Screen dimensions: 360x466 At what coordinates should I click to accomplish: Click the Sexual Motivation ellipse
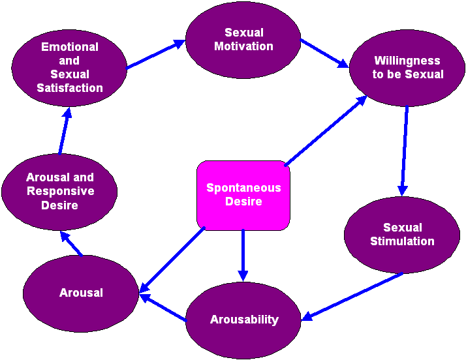pyautogui.click(x=243, y=39)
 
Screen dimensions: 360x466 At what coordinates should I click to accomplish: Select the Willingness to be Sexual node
pyautogui.click(x=407, y=68)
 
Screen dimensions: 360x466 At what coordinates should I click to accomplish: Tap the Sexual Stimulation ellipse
pyautogui.click(x=401, y=234)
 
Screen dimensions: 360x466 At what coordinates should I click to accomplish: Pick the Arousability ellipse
pyautogui.click(x=243, y=320)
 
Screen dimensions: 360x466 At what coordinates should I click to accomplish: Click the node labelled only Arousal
pyautogui.click(x=81, y=293)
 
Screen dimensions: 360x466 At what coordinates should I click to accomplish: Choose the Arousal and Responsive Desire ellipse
pyautogui.click(x=59, y=191)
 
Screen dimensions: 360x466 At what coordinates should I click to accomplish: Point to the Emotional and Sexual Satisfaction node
pyautogui.click(x=69, y=67)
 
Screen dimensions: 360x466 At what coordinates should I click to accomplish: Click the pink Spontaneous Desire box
pyautogui.click(x=243, y=195)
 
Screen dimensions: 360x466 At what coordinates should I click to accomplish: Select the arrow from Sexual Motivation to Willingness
pyautogui.click(x=324, y=53)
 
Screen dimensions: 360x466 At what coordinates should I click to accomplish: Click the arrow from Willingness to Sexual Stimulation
pyautogui.click(x=405, y=151)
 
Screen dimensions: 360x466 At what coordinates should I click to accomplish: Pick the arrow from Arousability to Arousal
pyautogui.click(x=163, y=308)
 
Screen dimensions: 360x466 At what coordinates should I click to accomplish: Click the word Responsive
pyautogui.click(x=60, y=191)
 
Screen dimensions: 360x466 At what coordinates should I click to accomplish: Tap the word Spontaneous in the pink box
pyautogui.click(x=243, y=188)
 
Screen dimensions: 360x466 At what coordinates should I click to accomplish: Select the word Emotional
pyautogui.click(x=70, y=47)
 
